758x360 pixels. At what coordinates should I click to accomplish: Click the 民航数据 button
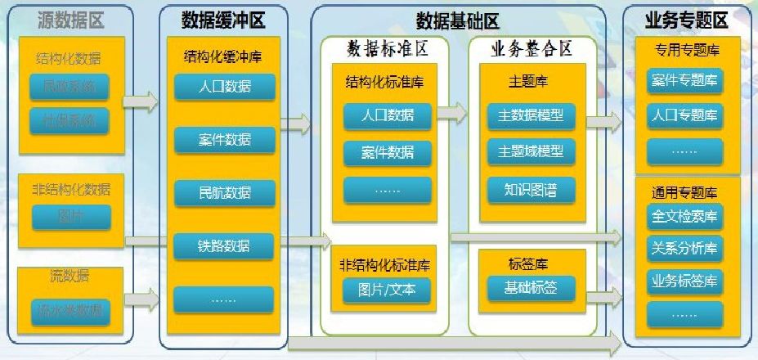(225, 193)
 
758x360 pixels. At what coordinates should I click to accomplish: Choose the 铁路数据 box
(225, 245)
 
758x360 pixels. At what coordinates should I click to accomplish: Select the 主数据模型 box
(531, 115)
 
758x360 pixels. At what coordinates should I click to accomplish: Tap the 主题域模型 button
(531, 152)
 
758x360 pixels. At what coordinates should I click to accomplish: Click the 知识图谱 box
(531, 190)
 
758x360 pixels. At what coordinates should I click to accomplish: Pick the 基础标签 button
(531, 287)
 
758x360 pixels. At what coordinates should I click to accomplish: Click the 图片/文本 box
(387, 289)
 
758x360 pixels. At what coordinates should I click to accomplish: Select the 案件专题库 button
(685, 80)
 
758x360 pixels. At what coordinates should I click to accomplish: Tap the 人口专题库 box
(685, 115)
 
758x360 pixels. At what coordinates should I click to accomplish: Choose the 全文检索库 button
(685, 217)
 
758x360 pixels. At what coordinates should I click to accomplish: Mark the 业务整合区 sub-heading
(531, 49)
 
